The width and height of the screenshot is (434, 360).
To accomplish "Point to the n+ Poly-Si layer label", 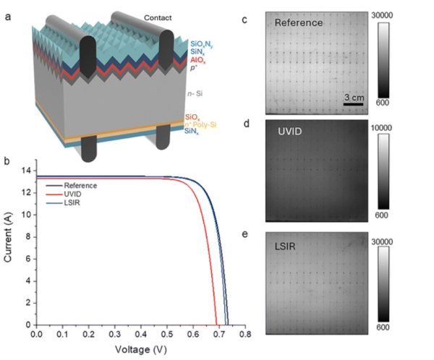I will (x=203, y=124).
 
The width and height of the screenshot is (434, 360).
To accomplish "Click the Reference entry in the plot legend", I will (x=80, y=186).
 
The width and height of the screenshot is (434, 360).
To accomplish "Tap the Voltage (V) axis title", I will (x=141, y=350).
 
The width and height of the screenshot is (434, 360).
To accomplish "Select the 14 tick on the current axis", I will (x=27, y=171).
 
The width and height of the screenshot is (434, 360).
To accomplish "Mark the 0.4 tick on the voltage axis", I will (x=140, y=335).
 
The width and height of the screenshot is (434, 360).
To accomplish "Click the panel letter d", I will (x=247, y=124).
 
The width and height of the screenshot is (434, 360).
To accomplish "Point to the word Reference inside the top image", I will (x=299, y=22).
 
